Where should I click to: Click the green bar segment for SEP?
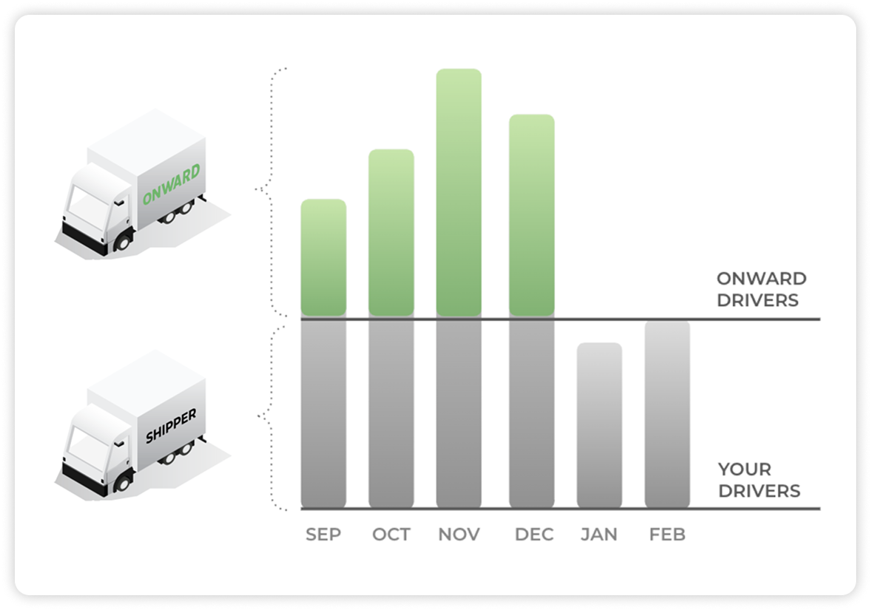[323, 259]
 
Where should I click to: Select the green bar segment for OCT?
[391, 234]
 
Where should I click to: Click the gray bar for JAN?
[599, 425]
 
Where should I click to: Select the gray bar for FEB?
[667, 414]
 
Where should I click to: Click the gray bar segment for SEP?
[323, 414]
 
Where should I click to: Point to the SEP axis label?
[323, 535]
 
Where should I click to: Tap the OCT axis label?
[391, 535]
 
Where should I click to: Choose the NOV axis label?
[459, 535]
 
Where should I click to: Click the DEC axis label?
[534, 535]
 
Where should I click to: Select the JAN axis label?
[599, 535]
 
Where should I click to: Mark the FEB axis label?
[667, 535]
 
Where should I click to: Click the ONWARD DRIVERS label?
[761, 290]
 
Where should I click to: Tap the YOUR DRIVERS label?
[759, 480]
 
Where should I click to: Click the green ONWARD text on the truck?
[171, 186]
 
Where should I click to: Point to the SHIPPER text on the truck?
[170, 427]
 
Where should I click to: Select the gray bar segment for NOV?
[459, 414]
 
